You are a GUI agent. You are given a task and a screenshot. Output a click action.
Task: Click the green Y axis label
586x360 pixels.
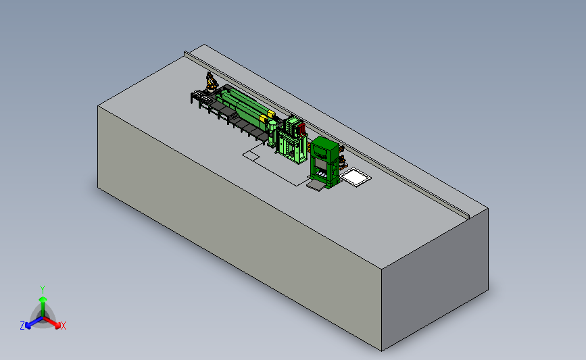(42, 290)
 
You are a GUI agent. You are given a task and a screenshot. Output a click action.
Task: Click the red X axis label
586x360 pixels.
(63, 326)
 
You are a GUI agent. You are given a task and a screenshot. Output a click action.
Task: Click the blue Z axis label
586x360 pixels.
(22, 326)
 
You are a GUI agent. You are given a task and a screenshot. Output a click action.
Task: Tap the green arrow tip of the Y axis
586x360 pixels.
(43, 299)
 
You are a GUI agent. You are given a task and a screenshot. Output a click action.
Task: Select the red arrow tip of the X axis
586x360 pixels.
(57, 326)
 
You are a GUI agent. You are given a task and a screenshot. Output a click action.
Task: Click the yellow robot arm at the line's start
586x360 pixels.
(211, 82)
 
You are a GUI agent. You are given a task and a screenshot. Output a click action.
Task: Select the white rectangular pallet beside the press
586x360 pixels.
(356, 177)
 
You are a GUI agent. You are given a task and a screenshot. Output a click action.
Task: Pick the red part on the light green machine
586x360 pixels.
(301, 129)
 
